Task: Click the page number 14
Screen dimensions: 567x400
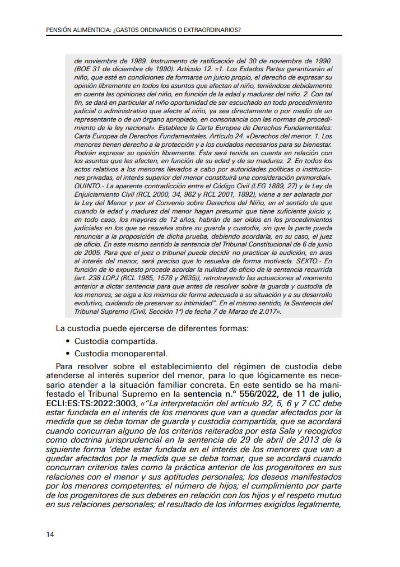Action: pos(50,535)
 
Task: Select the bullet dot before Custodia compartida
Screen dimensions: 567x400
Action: pos(68,341)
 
